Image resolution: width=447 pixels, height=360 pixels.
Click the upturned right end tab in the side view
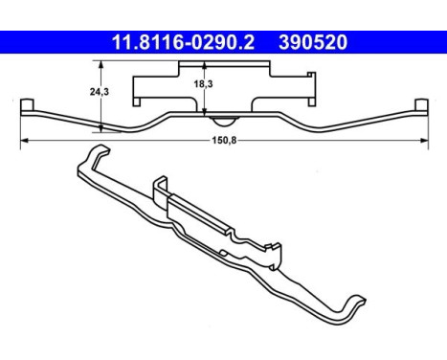pyautogui.click(x=421, y=103)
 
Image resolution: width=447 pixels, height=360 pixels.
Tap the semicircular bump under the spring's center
pyautogui.click(x=222, y=119)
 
